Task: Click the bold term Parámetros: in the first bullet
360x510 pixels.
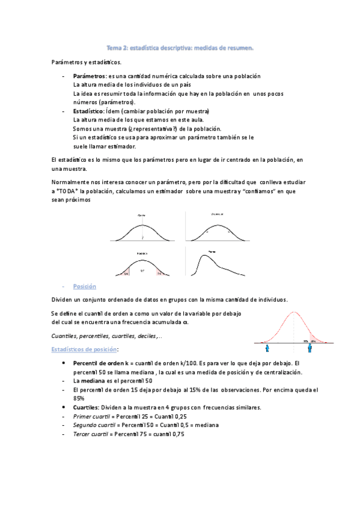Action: (x=90, y=76)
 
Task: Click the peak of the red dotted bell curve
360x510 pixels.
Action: (x=293, y=313)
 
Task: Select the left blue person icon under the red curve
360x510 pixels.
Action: (x=266, y=347)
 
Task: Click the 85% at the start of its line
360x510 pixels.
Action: (x=79, y=399)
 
